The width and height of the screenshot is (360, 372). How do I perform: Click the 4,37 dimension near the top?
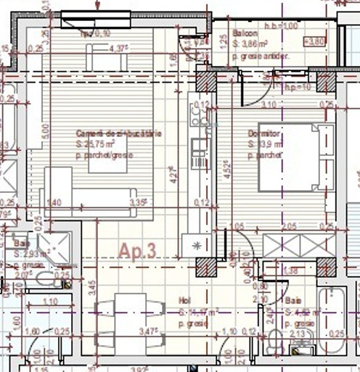(x=118, y=49)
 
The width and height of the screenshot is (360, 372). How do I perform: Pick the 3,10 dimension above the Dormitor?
(x=268, y=104)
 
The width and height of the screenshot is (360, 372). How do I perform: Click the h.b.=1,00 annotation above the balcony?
(x=282, y=25)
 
